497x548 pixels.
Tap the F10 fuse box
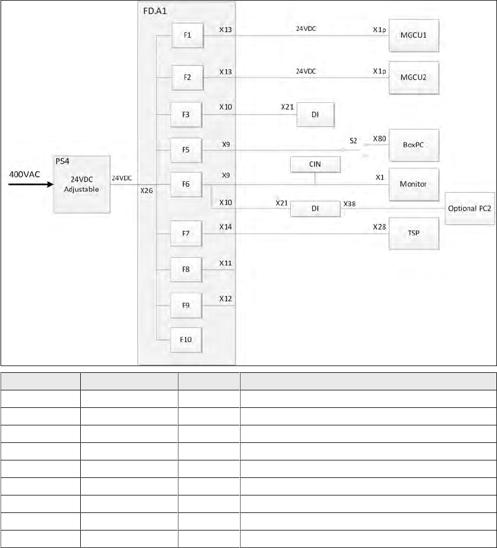coord(187,340)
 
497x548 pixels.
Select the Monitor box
coord(414,184)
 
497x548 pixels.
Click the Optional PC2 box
coord(469,208)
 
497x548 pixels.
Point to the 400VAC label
coord(25,175)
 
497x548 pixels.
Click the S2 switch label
coord(353,140)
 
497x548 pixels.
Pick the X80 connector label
coord(379,138)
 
